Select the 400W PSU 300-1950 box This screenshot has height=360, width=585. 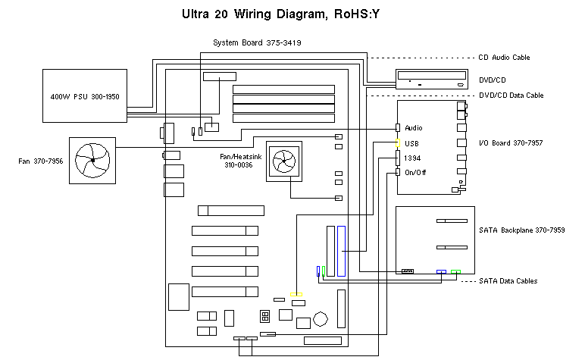click(x=84, y=97)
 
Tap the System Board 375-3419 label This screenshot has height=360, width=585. click(x=257, y=42)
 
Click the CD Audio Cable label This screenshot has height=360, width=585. click(x=504, y=58)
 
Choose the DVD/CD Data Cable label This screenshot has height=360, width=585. click(x=511, y=95)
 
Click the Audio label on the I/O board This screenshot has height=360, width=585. click(x=414, y=127)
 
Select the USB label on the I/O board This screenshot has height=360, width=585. click(x=412, y=142)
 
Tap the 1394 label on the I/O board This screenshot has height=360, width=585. click(x=413, y=158)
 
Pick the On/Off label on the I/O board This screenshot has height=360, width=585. click(x=415, y=173)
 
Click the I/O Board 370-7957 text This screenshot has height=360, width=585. click(x=511, y=142)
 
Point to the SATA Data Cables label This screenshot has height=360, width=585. click(x=508, y=281)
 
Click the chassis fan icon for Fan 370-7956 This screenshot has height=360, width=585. click(x=92, y=160)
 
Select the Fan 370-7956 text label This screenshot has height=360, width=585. click(x=42, y=161)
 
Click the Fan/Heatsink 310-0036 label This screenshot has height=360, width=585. click(x=239, y=160)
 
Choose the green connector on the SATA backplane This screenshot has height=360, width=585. click(x=455, y=271)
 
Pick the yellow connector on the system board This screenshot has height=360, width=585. click(x=297, y=294)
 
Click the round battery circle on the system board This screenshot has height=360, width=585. click(x=322, y=319)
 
